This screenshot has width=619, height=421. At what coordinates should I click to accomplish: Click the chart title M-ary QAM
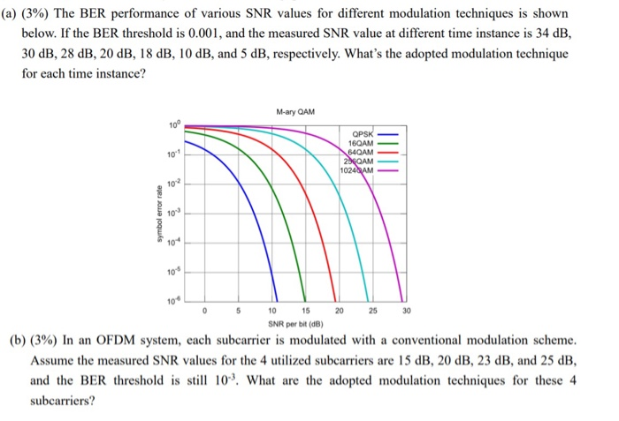tap(295, 112)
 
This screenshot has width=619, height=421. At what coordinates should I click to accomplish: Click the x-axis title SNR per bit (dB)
tap(295, 324)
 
